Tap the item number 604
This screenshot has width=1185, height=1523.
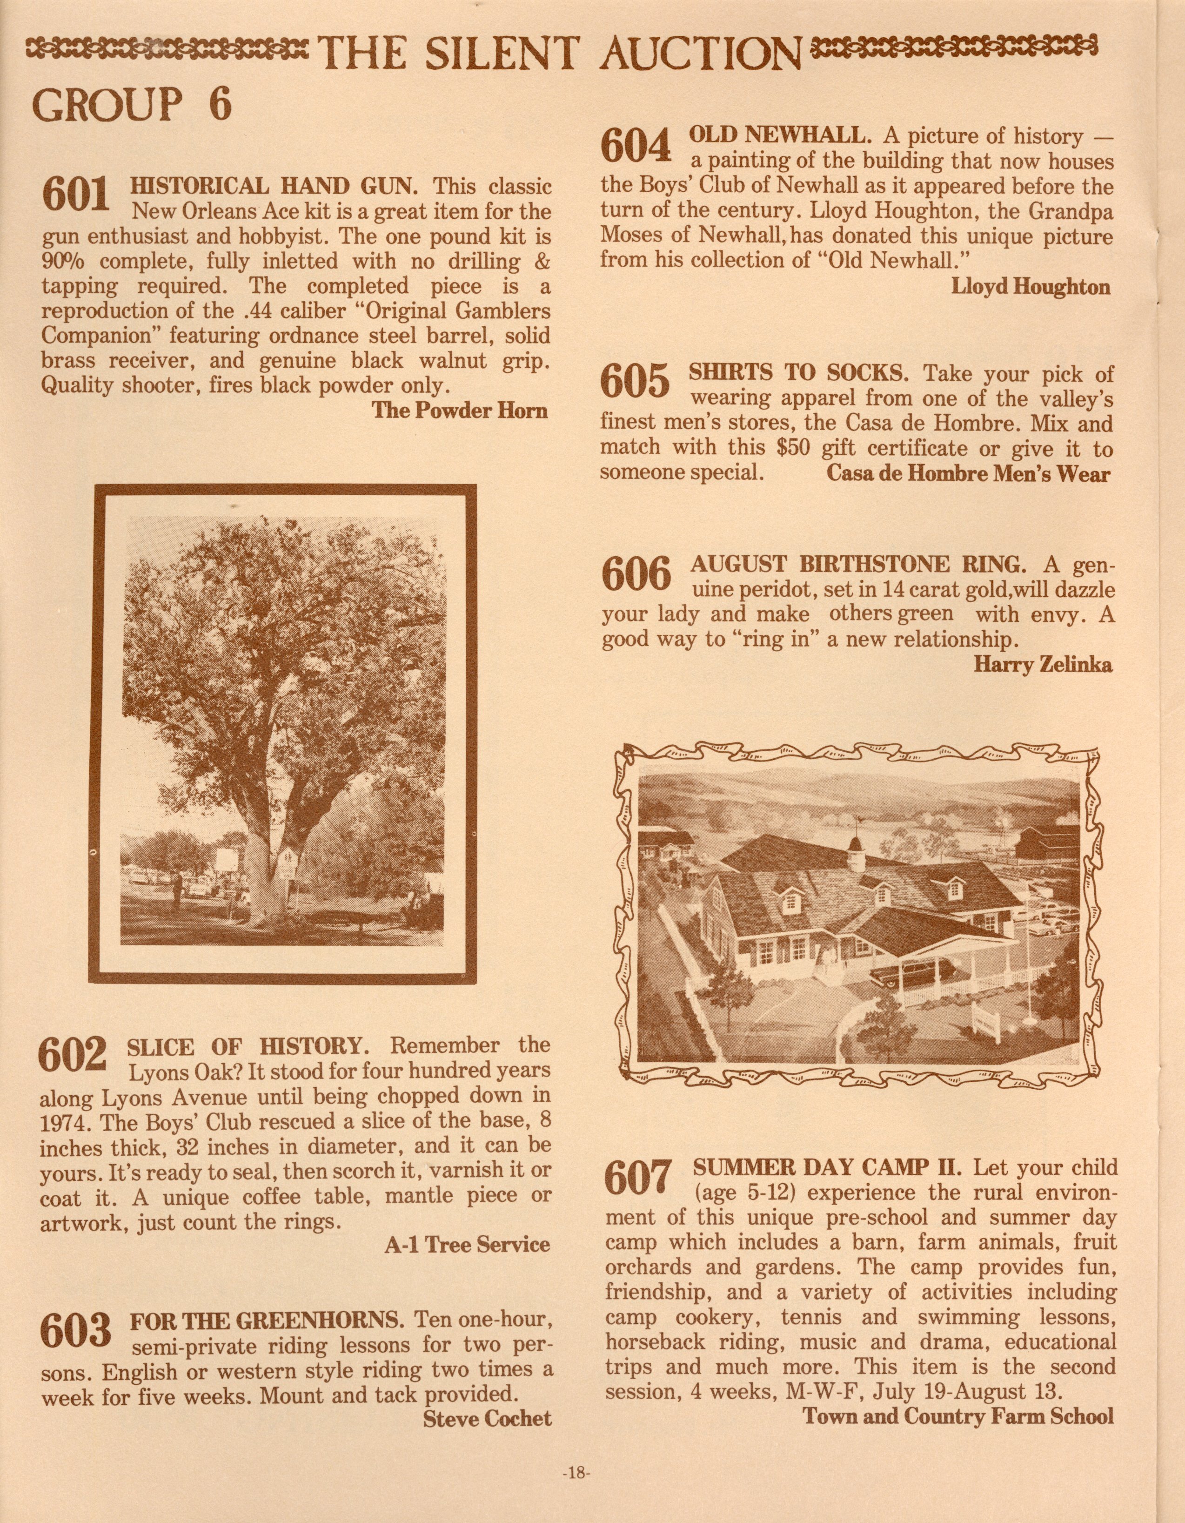coord(635,147)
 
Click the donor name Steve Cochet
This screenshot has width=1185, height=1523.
coord(487,1418)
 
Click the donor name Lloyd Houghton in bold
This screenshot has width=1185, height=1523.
coord(1030,287)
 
